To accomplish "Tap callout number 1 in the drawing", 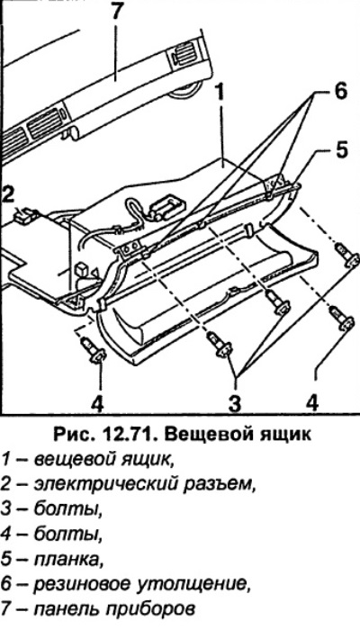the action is click(220, 94).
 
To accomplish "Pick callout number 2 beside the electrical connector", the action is click(8, 196).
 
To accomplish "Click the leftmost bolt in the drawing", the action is click(94, 350).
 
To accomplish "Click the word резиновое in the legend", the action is click(84, 583).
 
